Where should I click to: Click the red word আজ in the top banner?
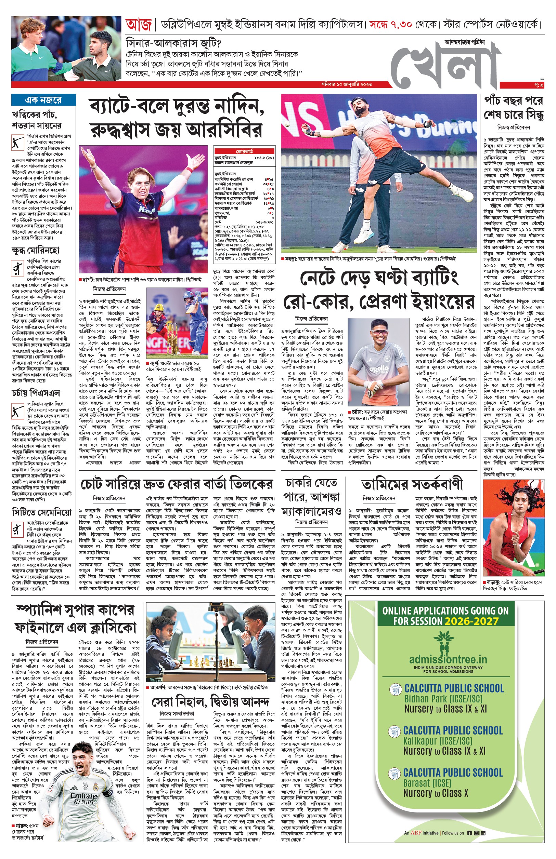138,25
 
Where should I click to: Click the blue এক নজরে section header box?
43,100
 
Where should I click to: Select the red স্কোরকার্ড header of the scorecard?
244,151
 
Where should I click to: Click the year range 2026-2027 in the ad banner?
471,621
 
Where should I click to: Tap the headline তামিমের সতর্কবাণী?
412,484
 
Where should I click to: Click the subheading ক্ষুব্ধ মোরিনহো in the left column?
35,250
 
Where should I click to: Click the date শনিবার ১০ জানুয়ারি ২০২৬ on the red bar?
347,84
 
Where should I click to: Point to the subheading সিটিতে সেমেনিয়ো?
41,512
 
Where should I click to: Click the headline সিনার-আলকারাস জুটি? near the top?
173,43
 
